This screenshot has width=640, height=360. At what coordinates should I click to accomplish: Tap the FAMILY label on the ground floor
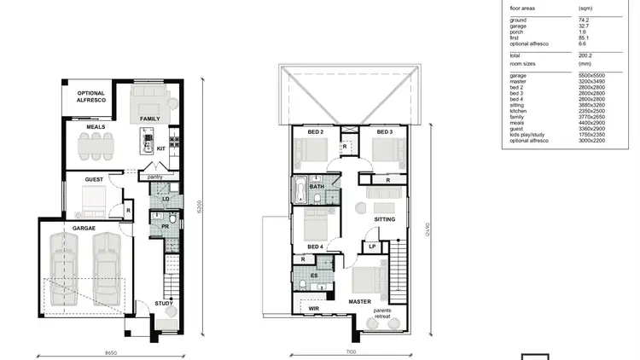pyautogui.click(x=150, y=119)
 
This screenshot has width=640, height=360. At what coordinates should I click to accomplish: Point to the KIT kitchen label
pyautogui.click(x=160, y=148)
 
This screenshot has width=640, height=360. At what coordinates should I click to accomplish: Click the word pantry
pyautogui.click(x=155, y=177)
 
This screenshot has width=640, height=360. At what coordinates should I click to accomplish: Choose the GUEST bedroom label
pyautogui.click(x=94, y=180)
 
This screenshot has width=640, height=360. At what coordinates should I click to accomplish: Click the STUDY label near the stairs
pyautogui.click(x=163, y=304)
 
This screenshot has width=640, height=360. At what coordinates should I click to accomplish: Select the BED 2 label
pyautogui.click(x=316, y=132)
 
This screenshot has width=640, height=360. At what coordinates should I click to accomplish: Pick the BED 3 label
pyautogui.click(x=384, y=132)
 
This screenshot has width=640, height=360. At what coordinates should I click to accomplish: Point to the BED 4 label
pyautogui.click(x=315, y=247)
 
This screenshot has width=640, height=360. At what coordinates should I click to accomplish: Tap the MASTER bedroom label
pyautogui.click(x=358, y=301)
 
